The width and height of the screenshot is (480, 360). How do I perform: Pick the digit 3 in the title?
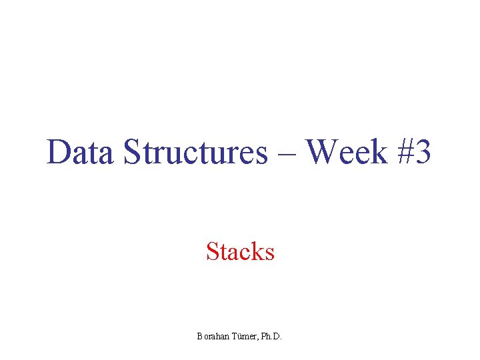click(423, 153)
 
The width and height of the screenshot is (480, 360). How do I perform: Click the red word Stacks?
click(240, 251)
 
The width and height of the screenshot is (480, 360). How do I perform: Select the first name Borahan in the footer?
click(212, 337)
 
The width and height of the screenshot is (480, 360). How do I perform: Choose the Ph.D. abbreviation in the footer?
click(271, 337)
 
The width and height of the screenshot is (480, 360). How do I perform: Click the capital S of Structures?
click(131, 153)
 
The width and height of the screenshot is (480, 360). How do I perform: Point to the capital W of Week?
click(323, 153)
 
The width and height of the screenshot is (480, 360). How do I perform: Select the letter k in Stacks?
click(259, 251)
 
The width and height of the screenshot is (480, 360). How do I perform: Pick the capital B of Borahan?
click(199, 337)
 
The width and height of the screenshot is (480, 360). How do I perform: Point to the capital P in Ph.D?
click(263, 337)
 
